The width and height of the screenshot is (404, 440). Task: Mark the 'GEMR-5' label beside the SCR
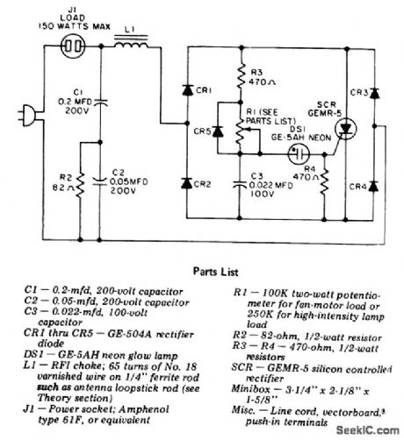click(x=325, y=110)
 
